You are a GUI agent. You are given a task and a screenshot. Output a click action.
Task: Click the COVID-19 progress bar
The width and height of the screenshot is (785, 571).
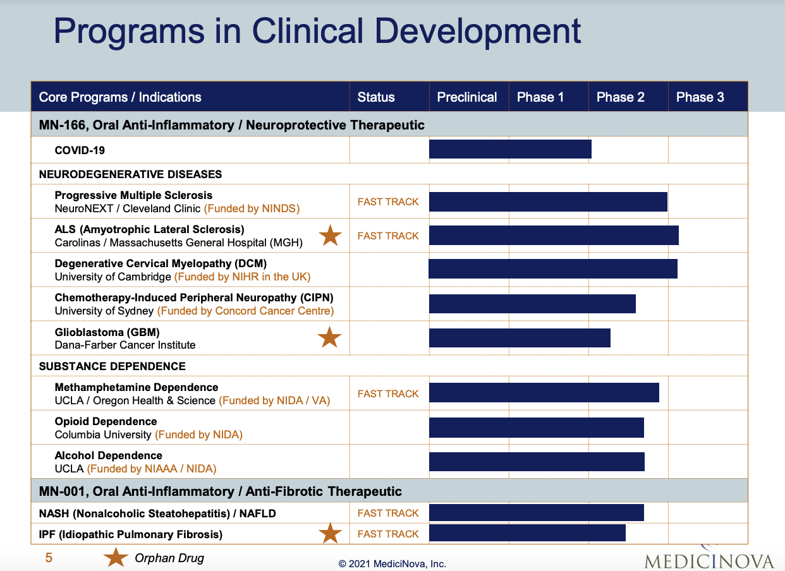(x=510, y=150)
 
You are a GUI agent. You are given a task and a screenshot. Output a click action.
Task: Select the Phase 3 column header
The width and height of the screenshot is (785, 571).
(x=700, y=97)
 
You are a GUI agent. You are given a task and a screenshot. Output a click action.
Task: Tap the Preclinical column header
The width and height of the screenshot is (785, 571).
(x=467, y=97)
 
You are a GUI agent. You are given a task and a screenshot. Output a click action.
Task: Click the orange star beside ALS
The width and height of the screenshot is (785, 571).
(x=330, y=236)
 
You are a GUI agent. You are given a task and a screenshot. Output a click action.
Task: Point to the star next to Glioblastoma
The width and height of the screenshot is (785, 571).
(x=329, y=337)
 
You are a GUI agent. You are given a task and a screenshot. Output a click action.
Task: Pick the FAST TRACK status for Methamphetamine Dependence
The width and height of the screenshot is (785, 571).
(x=388, y=394)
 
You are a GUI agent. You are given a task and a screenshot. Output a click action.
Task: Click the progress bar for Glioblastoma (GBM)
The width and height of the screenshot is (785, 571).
(x=520, y=338)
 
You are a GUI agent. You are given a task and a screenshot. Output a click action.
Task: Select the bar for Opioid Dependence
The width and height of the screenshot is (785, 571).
(x=536, y=428)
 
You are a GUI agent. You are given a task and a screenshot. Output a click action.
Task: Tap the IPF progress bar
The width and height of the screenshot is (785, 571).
(x=527, y=532)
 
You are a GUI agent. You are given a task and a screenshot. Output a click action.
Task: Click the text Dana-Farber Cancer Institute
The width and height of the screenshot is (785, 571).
(x=125, y=345)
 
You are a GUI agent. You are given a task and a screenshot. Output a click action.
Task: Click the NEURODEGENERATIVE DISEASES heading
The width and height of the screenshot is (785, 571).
(x=130, y=174)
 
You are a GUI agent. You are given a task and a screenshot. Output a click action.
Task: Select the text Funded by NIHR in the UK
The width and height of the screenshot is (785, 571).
(x=243, y=277)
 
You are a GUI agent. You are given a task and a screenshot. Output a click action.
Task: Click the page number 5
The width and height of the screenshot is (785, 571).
(x=49, y=558)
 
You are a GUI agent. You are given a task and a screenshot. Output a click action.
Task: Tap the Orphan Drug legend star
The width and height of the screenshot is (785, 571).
(x=116, y=558)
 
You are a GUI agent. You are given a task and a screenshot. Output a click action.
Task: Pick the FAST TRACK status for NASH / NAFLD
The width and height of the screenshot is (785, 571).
(x=388, y=513)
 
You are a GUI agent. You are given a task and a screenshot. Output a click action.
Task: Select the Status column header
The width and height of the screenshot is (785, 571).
(x=376, y=97)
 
